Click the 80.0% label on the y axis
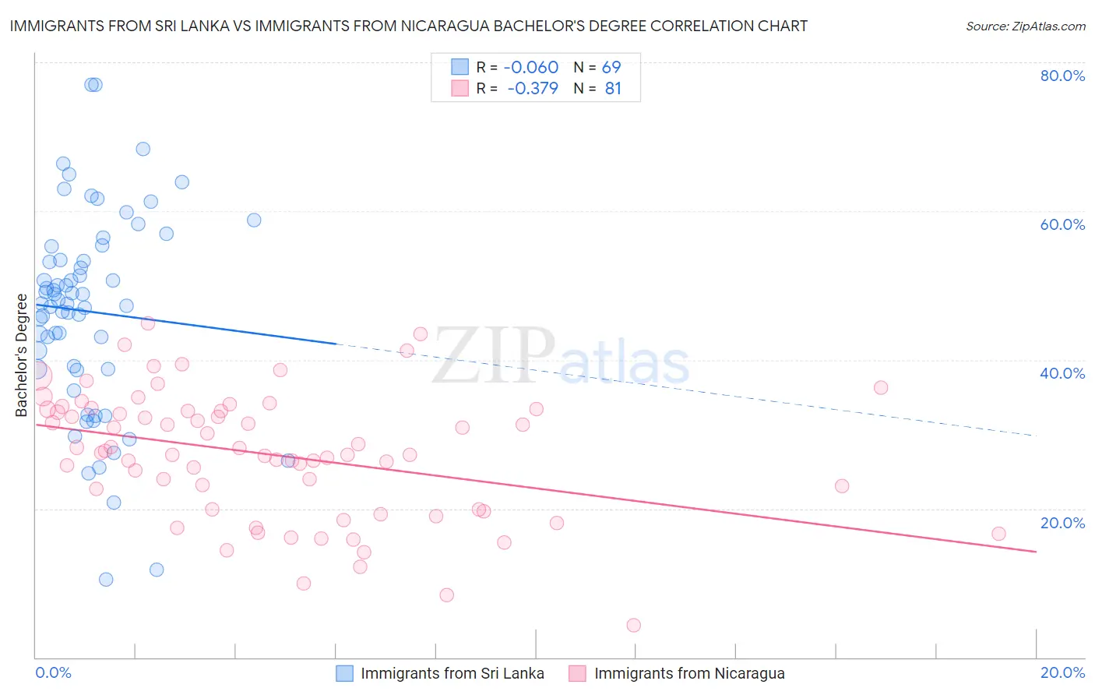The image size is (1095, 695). click(1062, 76)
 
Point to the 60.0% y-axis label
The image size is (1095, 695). click(1062, 224)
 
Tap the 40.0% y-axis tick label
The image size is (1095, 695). click(1062, 373)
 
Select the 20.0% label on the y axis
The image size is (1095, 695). click(1062, 523)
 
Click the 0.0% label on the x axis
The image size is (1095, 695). click(53, 672)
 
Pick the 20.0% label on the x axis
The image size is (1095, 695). click(1062, 672)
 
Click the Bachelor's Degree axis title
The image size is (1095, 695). click(22, 355)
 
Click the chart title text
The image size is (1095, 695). click(408, 26)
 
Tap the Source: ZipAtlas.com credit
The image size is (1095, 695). click(1025, 26)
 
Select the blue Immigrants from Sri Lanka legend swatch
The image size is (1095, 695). click(344, 673)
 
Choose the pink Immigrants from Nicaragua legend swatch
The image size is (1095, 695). click(577, 673)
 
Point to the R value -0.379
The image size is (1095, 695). click(533, 88)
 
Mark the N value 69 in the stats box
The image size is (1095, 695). click(611, 67)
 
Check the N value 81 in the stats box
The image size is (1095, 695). click(613, 88)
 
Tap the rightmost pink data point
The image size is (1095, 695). click(998, 534)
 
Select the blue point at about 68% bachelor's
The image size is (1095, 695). click(143, 149)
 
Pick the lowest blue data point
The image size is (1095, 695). click(106, 579)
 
